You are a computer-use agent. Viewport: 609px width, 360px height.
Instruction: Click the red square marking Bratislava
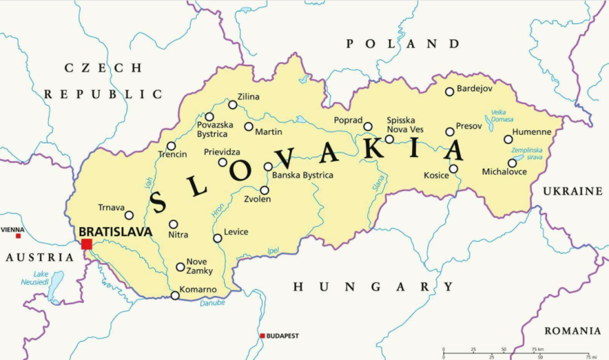pyautogui.click(x=86, y=244)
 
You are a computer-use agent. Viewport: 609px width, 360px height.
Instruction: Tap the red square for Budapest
pyautogui.click(x=263, y=336)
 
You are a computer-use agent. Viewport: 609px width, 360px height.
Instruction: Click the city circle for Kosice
pyautogui.click(x=453, y=169)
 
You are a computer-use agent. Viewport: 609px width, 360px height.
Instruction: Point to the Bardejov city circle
pyautogui.click(x=449, y=92)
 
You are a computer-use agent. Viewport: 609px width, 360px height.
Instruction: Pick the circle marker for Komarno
pyautogui.click(x=175, y=296)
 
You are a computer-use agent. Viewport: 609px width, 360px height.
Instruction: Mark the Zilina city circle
pyautogui.click(x=232, y=105)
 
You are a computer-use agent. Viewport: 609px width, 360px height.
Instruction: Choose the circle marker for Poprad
pyautogui.click(x=368, y=126)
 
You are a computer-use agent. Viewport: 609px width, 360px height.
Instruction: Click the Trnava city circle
pyautogui.click(x=129, y=215)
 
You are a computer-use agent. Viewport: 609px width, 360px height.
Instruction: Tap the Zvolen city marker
pyautogui.click(x=265, y=190)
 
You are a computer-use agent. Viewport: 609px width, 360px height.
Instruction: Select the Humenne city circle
pyautogui.click(x=508, y=139)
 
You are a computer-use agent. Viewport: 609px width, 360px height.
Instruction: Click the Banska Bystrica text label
pyautogui.click(x=303, y=175)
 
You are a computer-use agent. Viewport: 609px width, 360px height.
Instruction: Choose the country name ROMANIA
pyautogui.click(x=572, y=331)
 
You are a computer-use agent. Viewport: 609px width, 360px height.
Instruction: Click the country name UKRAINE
pyautogui.click(x=572, y=191)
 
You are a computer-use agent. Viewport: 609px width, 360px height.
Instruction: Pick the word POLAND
pyautogui.click(x=403, y=44)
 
